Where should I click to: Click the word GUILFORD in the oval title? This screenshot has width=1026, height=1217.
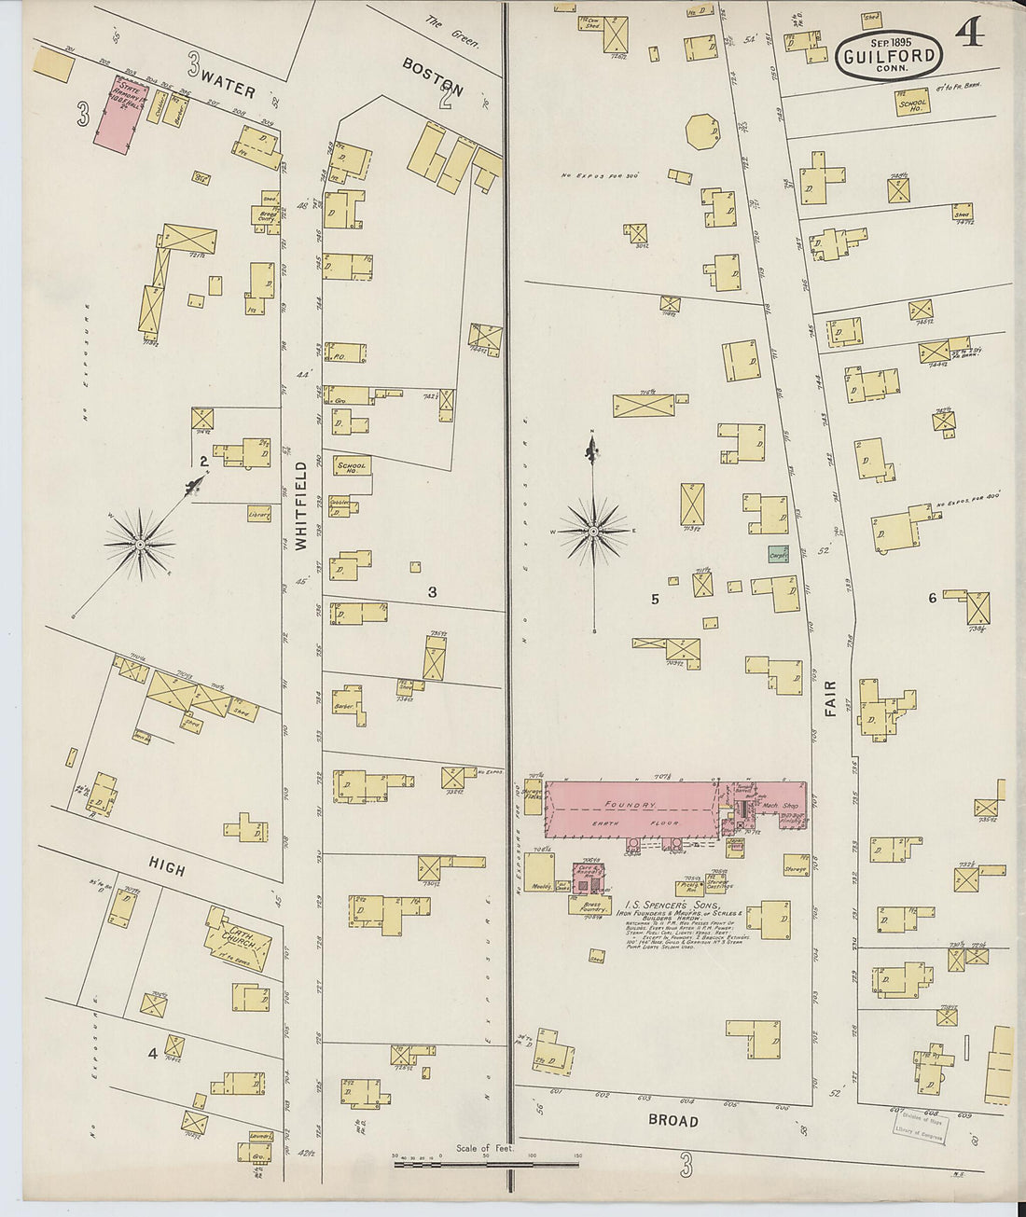point(888,58)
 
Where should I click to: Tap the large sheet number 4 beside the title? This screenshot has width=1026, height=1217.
point(969,35)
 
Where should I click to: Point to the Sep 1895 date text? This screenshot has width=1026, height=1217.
point(889,41)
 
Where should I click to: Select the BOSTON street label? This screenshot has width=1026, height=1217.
point(434,78)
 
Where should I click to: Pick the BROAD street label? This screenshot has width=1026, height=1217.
point(672,1121)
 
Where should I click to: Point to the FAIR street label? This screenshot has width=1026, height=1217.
point(830,698)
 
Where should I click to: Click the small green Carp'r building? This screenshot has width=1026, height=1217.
point(779,554)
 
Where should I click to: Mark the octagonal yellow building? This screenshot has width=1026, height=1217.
point(701,131)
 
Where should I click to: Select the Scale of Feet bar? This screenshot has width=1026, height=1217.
point(485,1163)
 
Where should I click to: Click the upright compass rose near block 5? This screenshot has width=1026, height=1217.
point(593,532)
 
